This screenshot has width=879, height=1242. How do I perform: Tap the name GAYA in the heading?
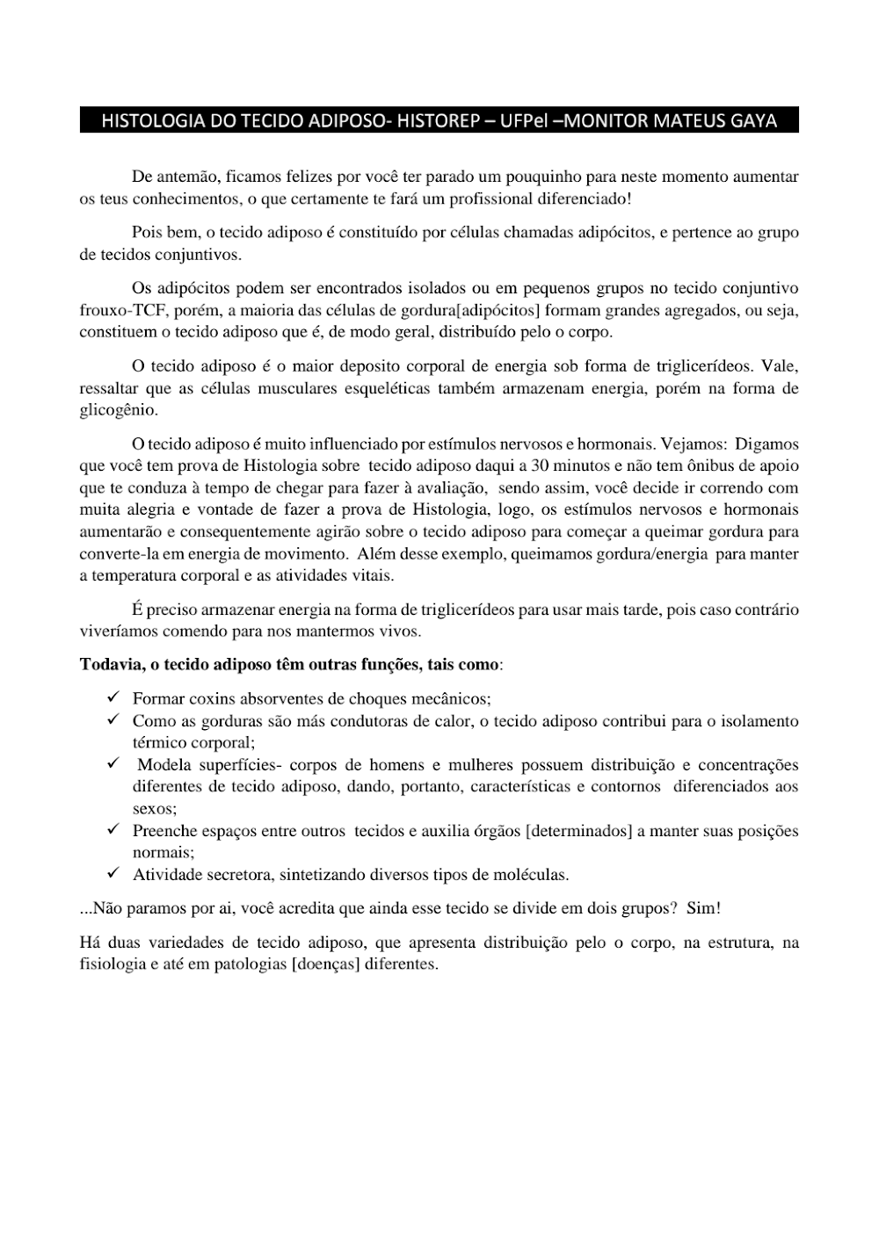click(x=753, y=121)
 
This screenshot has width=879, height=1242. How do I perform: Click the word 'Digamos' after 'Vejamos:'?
click(x=766, y=444)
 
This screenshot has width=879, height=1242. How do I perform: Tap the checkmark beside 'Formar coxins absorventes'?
click(x=113, y=697)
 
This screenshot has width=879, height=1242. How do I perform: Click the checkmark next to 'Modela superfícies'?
click(x=113, y=763)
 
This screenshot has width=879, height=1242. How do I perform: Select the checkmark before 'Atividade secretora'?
click(x=113, y=873)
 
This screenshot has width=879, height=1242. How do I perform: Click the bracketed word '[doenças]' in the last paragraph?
click(x=325, y=964)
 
